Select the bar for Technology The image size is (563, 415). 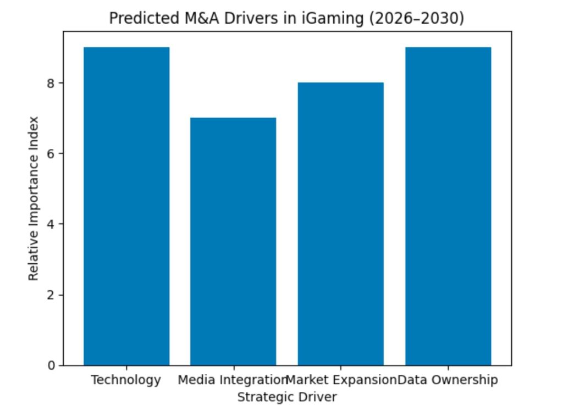coord(126,206)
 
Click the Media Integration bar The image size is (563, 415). coord(233,241)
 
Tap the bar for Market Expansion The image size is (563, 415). coord(340,224)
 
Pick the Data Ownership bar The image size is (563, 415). coord(448,206)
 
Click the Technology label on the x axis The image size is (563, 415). coord(126,380)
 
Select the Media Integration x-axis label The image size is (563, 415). coord(233,380)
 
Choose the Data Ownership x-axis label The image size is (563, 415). coord(448,380)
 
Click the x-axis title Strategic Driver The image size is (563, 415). coord(286,396)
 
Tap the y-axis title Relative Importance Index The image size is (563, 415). coord(34,198)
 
